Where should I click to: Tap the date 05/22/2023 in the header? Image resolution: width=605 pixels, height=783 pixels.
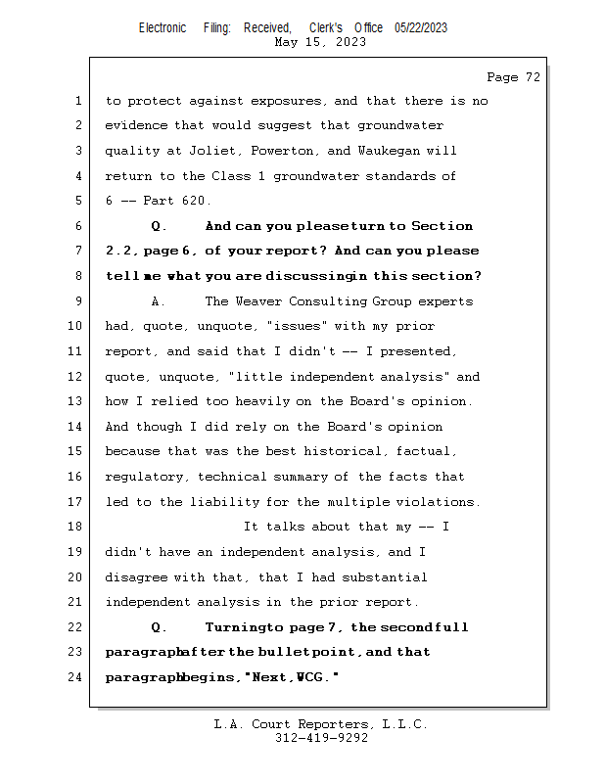(x=421, y=27)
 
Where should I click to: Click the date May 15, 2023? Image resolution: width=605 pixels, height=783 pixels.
(x=321, y=42)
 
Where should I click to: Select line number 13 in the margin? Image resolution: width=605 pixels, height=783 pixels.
(x=77, y=401)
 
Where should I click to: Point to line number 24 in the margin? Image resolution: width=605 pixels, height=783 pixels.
(x=77, y=676)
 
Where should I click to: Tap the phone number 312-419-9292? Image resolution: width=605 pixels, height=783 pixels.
(x=321, y=738)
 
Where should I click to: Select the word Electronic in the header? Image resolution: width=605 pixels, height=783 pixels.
(x=163, y=27)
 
